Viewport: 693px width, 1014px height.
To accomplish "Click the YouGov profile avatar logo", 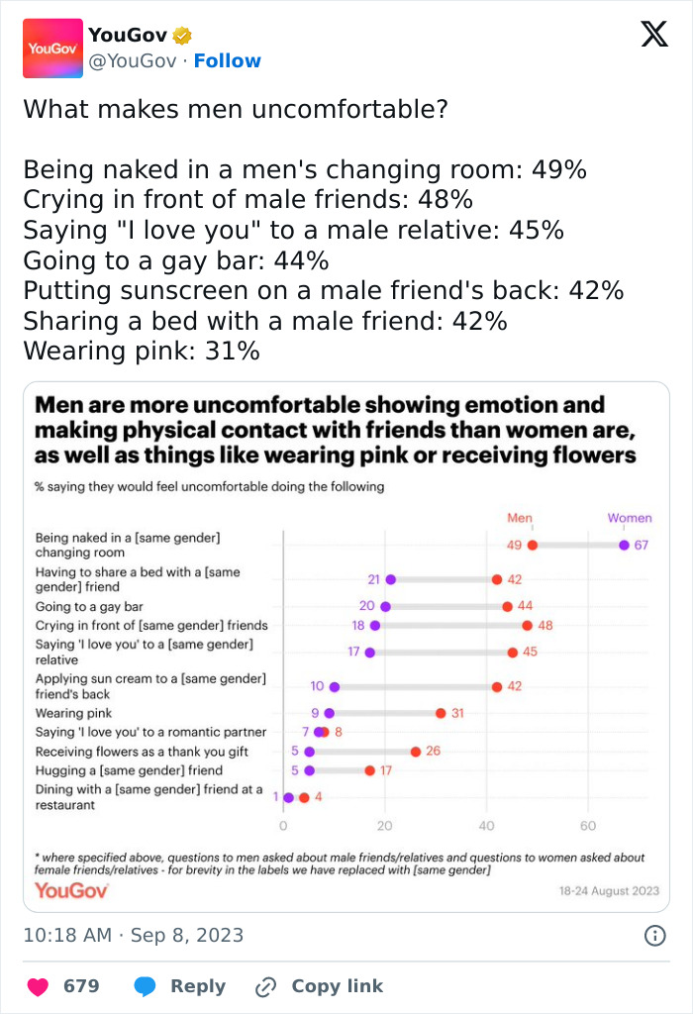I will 52,48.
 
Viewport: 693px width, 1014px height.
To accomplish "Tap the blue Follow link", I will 227,60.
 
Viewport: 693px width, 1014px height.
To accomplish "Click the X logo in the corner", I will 653,35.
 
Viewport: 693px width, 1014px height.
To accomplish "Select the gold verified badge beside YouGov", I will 182,36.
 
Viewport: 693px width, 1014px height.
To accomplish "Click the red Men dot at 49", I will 533,545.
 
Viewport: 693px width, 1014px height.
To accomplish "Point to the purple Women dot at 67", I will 624,545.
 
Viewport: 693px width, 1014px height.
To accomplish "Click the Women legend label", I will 630,518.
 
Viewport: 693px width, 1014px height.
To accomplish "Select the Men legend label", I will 520,518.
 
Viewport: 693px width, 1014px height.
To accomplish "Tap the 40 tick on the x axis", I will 486,825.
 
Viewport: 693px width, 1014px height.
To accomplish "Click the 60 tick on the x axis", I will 588,825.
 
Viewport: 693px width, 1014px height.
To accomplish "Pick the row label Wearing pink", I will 73,713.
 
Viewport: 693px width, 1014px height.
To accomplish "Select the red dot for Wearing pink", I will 441,713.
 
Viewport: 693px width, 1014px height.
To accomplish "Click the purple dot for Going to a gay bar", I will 385,606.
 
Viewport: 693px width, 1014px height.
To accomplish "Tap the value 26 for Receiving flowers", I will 433,752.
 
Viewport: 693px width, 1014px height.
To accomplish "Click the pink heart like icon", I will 38,986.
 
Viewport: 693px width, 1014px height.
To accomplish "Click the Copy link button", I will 319,986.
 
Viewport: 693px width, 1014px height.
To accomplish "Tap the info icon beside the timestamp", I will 654,936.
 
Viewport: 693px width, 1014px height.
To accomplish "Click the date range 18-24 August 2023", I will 608,890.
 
